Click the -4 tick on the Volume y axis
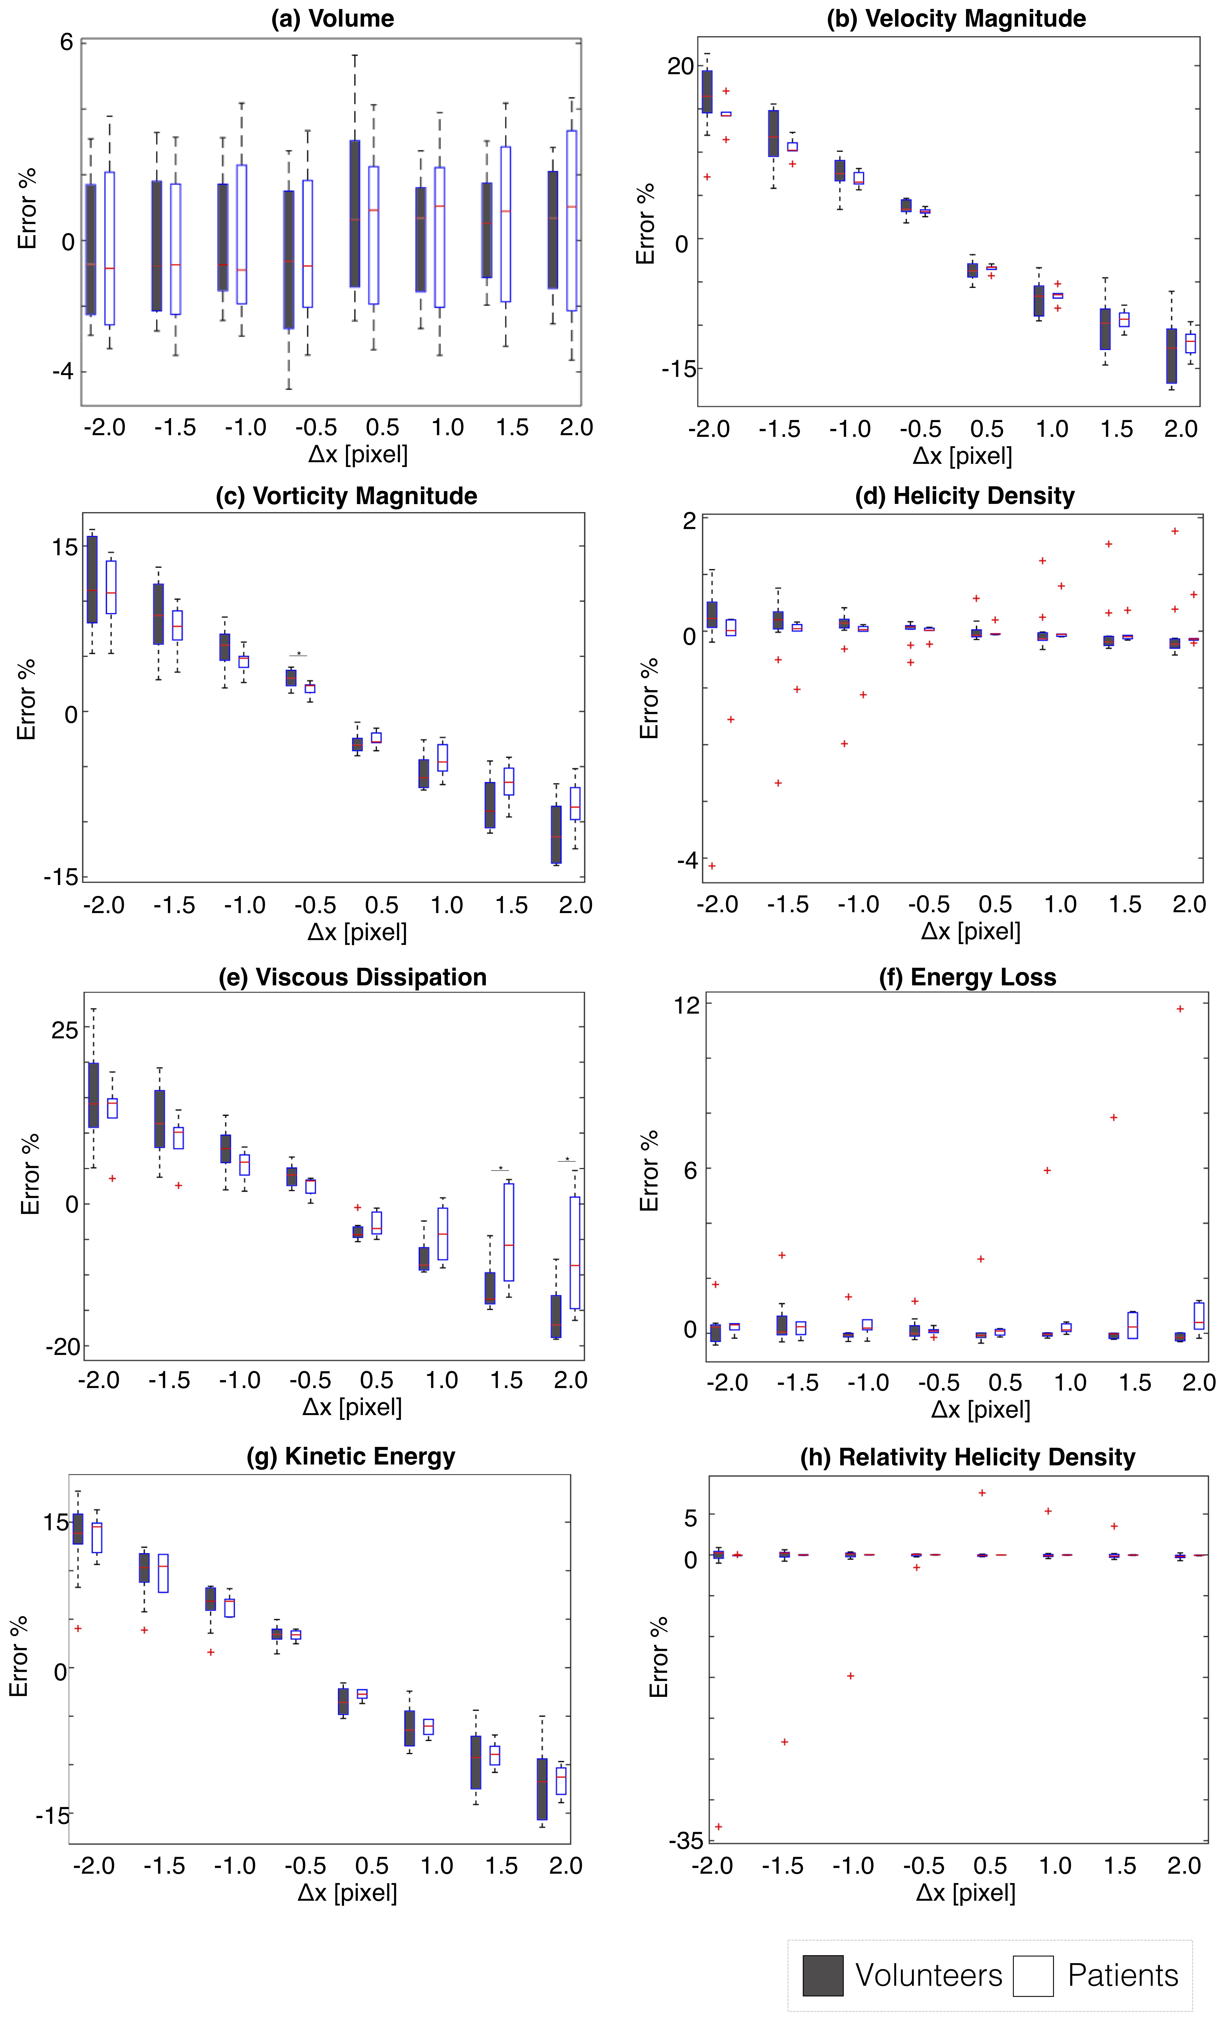coord(62,371)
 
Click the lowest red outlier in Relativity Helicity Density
coord(718,1826)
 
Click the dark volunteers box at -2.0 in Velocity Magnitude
coord(707,91)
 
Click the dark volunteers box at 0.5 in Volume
coord(355,214)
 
